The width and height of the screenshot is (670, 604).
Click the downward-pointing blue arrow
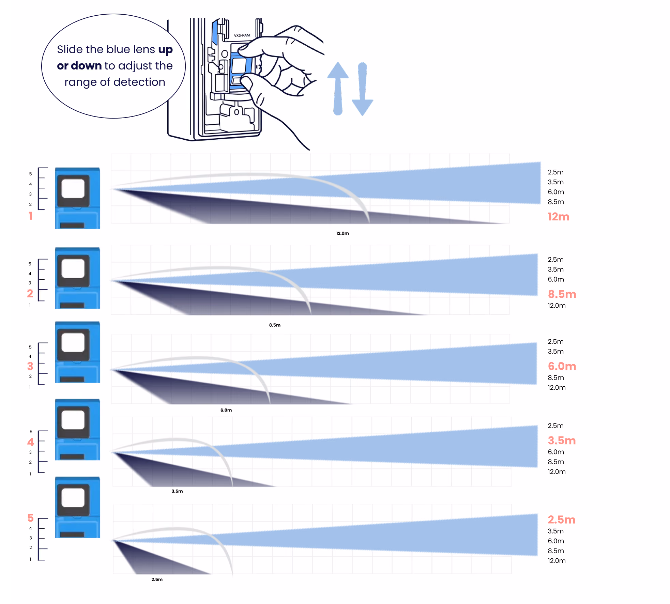pyautogui.click(x=362, y=89)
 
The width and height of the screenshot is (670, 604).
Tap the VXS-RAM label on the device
pyautogui.click(x=242, y=35)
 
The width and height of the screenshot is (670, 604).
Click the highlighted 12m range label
pyautogui.click(x=559, y=217)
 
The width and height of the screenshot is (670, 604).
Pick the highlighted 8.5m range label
pyautogui.click(x=562, y=294)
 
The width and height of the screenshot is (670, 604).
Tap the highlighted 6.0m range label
pyautogui.click(x=562, y=366)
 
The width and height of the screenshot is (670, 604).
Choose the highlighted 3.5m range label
pyautogui.click(x=562, y=440)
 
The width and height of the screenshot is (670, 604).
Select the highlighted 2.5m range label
pyautogui.click(x=561, y=520)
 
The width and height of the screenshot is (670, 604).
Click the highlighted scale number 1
pyautogui.click(x=30, y=216)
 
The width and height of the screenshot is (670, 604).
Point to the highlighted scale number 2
pyautogui.click(x=30, y=293)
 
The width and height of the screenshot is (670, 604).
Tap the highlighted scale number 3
pyautogui.click(x=30, y=366)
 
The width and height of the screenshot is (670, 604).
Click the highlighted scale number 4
pyautogui.click(x=30, y=442)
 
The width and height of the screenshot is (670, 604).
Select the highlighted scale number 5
pyautogui.click(x=30, y=518)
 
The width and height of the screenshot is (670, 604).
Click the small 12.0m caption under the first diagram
pyautogui.click(x=342, y=233)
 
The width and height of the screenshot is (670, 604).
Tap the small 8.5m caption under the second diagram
pyautogui.click(x=275, y=325)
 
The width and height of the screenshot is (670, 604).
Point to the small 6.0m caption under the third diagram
pyautogui.click(x=226, y=410)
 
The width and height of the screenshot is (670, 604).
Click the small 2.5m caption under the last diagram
pyautogui.click(x=157, y=579)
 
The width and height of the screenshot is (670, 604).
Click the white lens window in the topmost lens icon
pyautogui.click(x=73, y=188)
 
